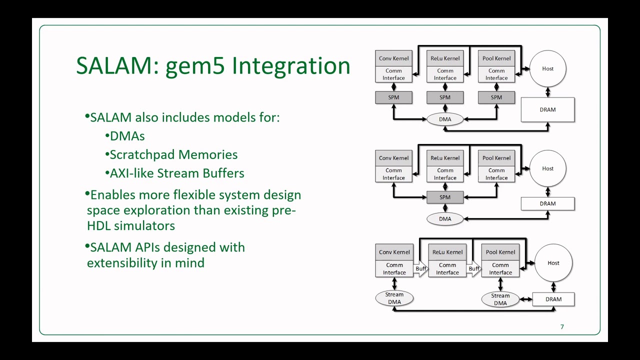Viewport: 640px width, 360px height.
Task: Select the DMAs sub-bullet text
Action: [x=127, y=136]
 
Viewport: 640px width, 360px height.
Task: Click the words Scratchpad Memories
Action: [x=173, y=154]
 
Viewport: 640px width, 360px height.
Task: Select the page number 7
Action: [x=562, y=327]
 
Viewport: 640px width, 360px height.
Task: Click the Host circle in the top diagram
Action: [x=547, y=68]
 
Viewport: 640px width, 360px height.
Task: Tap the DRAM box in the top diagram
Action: [x=547, y=109]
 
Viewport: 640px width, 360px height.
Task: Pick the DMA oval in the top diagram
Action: [x=445, y=119]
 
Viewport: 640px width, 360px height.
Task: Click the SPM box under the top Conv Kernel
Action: [x=394, y=97]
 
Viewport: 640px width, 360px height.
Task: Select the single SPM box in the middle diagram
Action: [x=445, y=197]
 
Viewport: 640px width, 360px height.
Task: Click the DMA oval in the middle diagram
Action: [x=445, y=218]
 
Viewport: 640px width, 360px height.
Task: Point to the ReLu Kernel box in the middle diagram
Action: [x=445, y=158]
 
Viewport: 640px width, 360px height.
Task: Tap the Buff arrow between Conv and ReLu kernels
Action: [x=421, y=268]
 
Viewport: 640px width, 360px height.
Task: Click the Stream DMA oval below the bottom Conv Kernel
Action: [x=394, y=298]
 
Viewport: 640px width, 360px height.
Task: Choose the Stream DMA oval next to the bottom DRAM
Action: [x=500, y=299]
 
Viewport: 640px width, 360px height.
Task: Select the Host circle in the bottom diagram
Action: [x=553, y=263]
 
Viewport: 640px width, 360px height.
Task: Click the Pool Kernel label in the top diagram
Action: [x=496, y=58]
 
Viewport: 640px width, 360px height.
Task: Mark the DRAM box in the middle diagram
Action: [x=547, y=203]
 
